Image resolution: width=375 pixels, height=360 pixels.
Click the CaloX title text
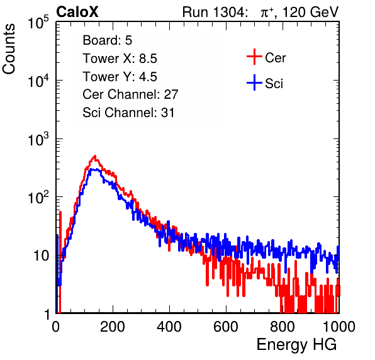pos(77,12)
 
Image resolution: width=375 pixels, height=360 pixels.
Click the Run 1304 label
pos(214,12)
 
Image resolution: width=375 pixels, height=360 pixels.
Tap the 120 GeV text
pos(310,12)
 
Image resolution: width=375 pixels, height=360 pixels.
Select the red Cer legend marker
pos(254,57)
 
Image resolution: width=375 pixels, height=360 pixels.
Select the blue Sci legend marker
pos(254,82)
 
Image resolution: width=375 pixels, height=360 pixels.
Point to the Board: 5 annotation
pos(108,40)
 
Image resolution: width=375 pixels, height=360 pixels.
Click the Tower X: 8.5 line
pos(120,59)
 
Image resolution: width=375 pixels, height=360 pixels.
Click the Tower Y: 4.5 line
pos(120,77)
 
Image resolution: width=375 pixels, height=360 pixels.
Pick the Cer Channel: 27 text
pos(130,94)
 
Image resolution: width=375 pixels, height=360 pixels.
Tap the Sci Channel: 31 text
pos(128,113)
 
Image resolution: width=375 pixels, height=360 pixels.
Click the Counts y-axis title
pos(9,49)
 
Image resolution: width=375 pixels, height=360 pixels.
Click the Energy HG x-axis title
pos(296,345)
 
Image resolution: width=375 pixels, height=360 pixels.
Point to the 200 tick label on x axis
pos(113,327)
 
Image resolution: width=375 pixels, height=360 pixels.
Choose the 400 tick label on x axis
pos(169,327)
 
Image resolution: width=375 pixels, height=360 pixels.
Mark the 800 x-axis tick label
pos(283,327)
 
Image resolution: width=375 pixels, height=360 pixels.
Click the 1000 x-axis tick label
pos(339,327)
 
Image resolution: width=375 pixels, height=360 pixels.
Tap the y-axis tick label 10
pos(41,256)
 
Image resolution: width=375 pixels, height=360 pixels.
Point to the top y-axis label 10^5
pos(38,22)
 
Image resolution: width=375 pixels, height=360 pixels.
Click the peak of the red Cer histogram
pos(95,156)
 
